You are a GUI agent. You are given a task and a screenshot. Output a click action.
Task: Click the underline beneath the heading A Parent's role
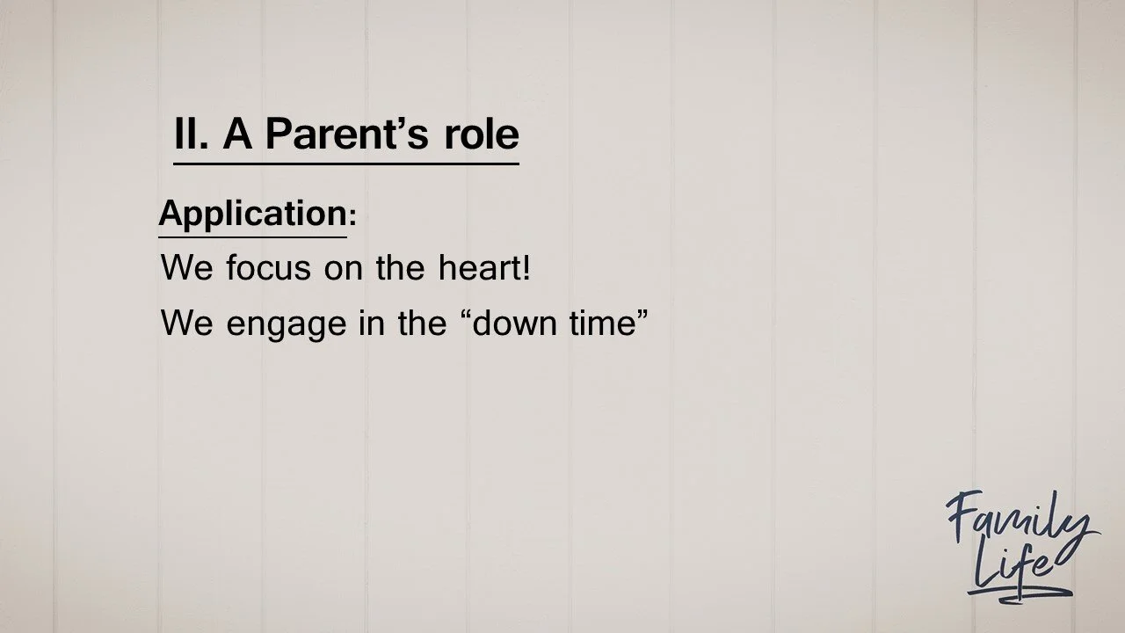[345, 164]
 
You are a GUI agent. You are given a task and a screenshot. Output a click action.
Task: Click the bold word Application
[252, 214]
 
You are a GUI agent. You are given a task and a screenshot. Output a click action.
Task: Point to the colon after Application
[352, 217]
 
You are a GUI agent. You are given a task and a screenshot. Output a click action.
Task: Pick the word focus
[269, 267]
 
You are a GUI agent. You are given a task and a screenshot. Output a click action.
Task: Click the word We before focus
[186, 267]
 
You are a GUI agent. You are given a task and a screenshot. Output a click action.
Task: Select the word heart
[479, 267]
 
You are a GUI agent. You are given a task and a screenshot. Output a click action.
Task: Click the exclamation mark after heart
[526, 267]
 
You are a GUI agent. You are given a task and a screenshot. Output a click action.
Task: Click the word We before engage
[186, 324]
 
